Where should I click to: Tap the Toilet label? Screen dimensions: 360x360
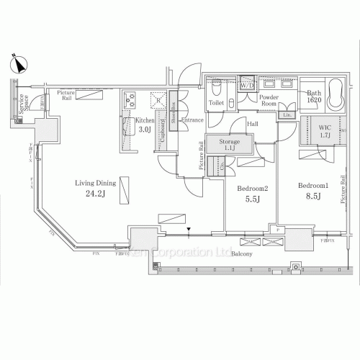216,104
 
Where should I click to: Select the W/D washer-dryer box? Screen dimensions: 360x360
247,85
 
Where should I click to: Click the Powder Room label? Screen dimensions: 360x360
269,100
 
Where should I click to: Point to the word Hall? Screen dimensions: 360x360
253,125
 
